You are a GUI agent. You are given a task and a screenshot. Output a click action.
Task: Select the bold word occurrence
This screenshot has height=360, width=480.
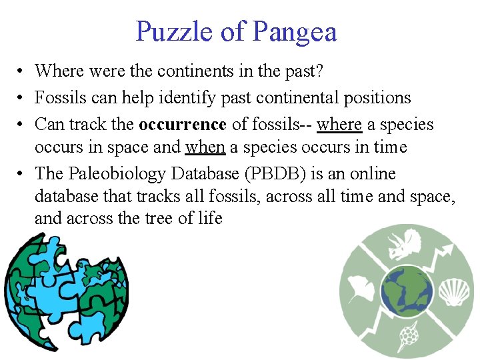182,125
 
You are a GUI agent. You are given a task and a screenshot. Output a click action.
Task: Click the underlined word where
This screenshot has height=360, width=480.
339,125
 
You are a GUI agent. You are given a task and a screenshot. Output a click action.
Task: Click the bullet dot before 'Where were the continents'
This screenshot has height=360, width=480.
22,71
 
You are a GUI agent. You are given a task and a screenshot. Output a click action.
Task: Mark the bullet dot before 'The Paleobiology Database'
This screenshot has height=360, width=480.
22,175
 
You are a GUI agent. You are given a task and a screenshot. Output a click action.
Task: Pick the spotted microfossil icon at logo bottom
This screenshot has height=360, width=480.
407,337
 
